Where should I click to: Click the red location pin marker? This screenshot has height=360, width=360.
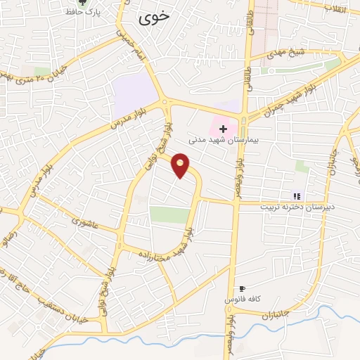tap(181, 165)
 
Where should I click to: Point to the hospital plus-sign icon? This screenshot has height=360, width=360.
tap(224, 129)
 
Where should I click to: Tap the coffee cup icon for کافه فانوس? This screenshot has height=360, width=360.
tap(243, 288)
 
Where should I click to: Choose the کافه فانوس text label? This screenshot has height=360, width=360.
tap(243, 300)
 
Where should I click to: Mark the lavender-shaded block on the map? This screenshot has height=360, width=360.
tap(134, 91)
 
